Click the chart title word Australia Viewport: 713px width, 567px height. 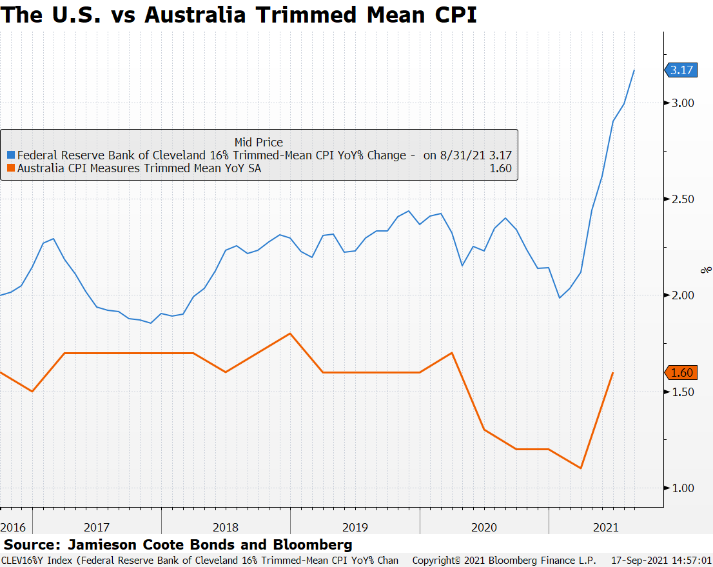tap(194, 14)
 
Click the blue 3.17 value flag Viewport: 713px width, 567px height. tap(681, 70)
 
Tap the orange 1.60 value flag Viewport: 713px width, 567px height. tap(681, 373)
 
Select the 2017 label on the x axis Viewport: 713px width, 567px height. tap(97, 527)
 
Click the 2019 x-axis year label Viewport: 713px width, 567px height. tap(355, 527)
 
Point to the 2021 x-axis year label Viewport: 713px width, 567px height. tap(605, 527)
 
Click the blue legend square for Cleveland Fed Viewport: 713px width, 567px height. tap(10, 155)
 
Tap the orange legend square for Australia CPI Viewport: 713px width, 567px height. tap(10, 169)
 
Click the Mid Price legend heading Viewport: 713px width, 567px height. tap(259, 142)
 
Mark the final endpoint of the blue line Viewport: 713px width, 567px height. tap(634, 70)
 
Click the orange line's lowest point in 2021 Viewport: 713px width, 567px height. tap(581, 468)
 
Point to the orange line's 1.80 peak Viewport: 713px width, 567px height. tap(290, 333)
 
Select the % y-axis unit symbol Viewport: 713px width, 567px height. tap(707, 270)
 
